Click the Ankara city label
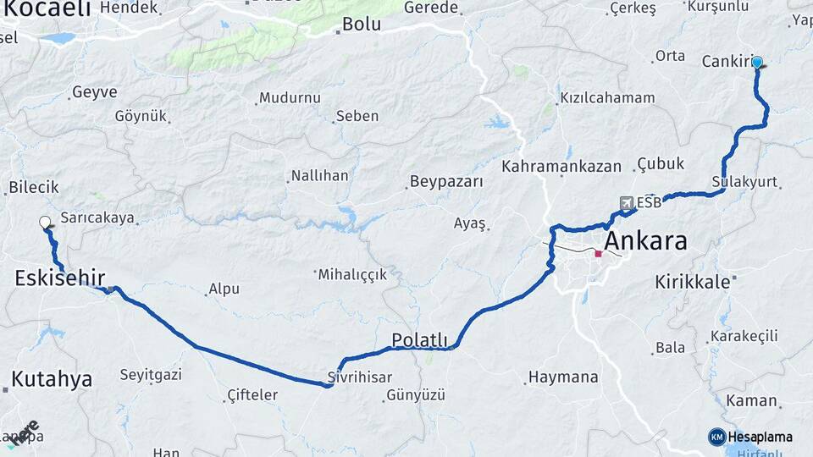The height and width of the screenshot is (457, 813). point(646,241)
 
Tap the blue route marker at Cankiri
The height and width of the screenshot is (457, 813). point(757,62)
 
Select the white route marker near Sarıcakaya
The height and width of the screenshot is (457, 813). point(45,223)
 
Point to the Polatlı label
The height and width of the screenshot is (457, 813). point(419,339)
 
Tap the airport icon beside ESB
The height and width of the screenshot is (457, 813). point(626,203)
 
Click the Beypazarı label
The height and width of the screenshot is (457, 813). point(446,181)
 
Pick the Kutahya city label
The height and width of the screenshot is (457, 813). point(53,378)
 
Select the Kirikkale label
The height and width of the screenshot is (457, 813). point(692,282)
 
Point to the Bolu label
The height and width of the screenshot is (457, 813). point(361,25)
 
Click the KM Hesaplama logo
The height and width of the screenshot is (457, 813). point(751,437)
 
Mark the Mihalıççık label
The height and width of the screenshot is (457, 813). point(352,274)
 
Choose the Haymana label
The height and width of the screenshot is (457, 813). point(563,377)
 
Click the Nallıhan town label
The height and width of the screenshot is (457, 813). point(319,176)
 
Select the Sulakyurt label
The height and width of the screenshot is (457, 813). point(744,183)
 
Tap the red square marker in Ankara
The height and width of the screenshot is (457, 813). point(598,253)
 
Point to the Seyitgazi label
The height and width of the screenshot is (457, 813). point(151,374)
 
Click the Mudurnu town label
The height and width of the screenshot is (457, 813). point(290,98)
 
